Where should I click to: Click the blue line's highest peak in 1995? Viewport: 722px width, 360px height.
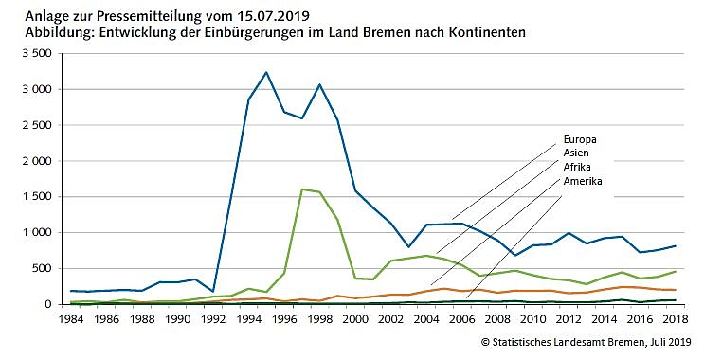tap(266, 72)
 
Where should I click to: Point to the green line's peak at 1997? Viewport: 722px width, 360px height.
tap(302, 189)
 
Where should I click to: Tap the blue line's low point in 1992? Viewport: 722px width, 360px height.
tap(211, 292)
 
